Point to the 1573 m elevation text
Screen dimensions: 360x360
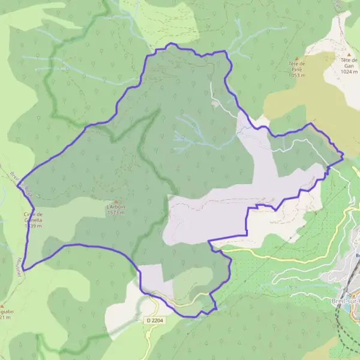[116, 212]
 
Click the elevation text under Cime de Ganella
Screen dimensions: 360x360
[32, 226]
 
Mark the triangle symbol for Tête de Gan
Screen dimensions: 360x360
[347, 53]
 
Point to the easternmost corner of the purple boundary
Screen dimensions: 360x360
[343, 157]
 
